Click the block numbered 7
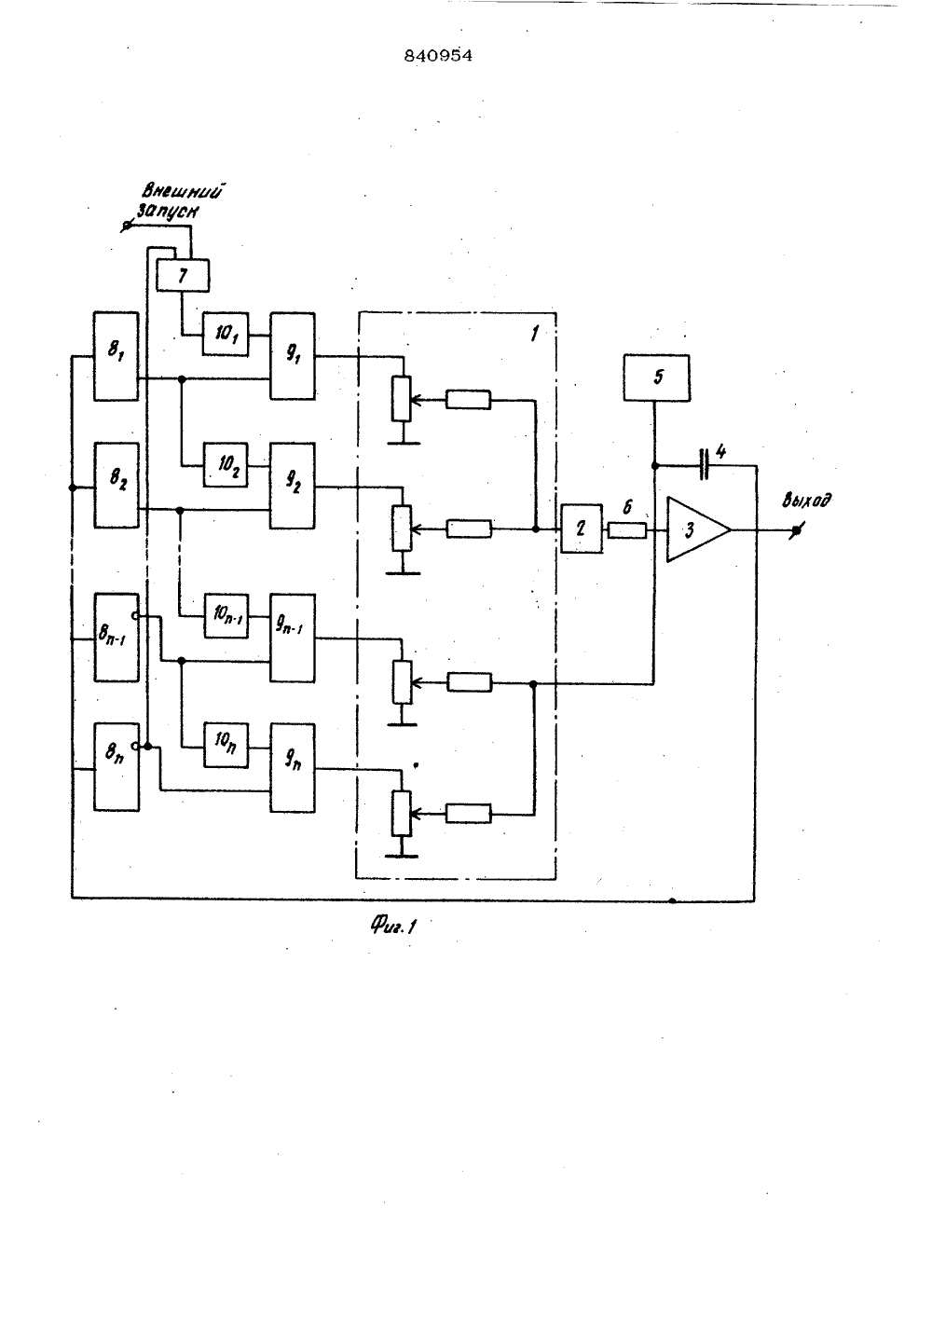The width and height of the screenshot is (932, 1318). [x=183, y=275]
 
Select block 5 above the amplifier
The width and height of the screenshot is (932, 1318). [x=657, y=378]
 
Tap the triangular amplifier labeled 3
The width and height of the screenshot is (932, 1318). [x=698, y=529]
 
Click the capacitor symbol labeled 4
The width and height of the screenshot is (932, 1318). [x=704, y=464]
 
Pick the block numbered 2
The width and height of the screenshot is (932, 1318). [x=582, y=529]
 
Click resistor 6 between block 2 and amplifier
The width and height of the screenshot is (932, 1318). [x=626, y=530]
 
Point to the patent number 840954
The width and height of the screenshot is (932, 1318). [x=438, y=56]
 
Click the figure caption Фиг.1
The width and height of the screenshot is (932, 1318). [x=393, y=926]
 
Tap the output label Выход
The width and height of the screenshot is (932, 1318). [x=806, y=501]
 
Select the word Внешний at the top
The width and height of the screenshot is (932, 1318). [x=185, y=192]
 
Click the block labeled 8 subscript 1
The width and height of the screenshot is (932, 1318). [x=116, y=357]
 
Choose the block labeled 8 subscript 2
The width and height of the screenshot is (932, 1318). [x=116, y=486]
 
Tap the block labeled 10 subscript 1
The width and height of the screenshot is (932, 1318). [x=226, y=335]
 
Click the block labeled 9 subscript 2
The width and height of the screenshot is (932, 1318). [x=293, y=486]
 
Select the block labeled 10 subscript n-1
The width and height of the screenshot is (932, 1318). [x=226, y=615]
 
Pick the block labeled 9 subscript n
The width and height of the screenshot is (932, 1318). [x=293, y=768]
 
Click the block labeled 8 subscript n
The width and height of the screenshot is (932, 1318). [x=116, y=767]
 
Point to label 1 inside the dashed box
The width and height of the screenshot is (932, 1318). [x=534, y=335]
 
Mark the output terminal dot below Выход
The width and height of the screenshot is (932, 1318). [x=796, y=530]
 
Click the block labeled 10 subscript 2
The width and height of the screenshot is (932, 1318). [x=226, y=465]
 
